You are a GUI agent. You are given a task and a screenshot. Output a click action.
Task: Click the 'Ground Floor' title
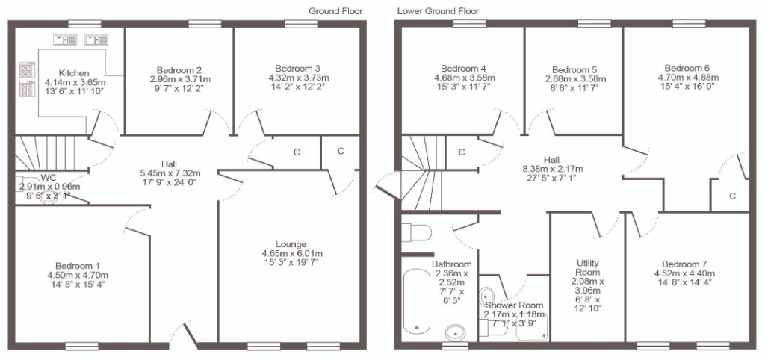335,11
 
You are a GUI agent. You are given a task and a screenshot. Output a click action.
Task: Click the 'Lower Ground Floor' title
438,11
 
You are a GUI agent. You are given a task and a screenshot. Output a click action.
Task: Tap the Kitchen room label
74,73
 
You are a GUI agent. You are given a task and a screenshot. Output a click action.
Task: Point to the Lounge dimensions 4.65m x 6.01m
292,254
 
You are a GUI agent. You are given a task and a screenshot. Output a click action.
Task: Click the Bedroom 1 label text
78,266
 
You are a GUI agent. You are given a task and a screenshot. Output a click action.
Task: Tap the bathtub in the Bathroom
417,300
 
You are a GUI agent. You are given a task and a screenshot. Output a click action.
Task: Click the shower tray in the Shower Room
532,328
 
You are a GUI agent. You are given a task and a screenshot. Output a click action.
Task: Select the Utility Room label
587,268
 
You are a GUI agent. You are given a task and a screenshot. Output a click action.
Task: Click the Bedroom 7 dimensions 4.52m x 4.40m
684,273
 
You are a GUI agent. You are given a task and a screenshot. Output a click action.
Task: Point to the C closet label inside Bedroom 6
732,196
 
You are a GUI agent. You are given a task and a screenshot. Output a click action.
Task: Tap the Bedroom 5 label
574,70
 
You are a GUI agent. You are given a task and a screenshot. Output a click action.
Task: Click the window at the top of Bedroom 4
469,23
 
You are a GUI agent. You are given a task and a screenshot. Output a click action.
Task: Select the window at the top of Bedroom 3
302,23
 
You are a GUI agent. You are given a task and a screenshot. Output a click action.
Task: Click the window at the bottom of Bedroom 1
82,347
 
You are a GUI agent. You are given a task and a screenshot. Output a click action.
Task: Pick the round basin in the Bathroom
456,332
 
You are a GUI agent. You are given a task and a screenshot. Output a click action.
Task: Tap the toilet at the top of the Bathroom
417,233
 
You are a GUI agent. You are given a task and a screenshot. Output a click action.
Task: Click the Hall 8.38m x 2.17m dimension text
553,170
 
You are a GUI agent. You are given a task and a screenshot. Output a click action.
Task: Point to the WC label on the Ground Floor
49,176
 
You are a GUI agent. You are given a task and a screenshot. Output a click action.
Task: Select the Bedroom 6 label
687,68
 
